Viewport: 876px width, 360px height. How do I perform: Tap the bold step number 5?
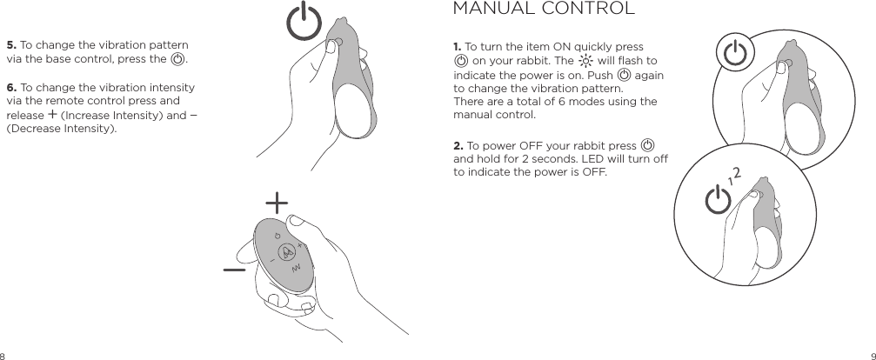[x=10, y=45]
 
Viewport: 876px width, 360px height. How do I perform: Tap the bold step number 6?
[x=10, y=88]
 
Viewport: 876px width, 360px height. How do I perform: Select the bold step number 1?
[x=458, y=46]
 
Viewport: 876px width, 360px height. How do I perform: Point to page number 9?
[x=871, y=355]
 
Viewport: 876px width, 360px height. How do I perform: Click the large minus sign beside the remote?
[x=233, y=270]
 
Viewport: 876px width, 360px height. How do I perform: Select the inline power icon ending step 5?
[x=178, y=59]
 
